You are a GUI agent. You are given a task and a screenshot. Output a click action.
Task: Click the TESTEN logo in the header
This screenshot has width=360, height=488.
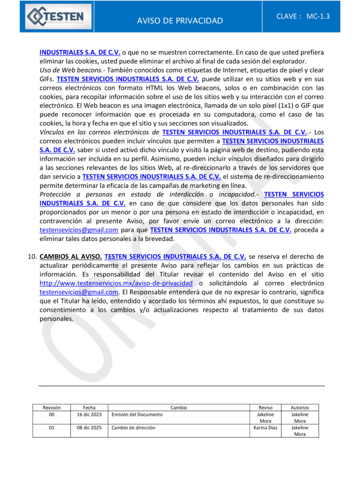pos(56,17)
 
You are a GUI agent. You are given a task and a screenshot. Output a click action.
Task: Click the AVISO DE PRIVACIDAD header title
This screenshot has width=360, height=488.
pos(180,20)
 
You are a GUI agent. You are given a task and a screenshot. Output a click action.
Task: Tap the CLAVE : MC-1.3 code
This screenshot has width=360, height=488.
pos(303,16)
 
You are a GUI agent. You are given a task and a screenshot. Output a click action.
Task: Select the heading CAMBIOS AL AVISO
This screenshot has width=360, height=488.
pos(70,257)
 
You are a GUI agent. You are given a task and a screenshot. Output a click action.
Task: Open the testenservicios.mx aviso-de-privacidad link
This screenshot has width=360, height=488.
pos(116,283)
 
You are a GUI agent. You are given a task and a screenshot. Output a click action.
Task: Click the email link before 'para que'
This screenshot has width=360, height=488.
pos(79,230)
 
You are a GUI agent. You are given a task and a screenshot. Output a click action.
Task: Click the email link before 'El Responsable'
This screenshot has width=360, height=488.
pos(79,292)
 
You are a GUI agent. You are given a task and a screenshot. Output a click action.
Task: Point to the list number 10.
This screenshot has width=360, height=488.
pos(32,257)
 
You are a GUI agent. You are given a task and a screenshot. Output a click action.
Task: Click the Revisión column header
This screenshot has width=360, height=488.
pos(51,407)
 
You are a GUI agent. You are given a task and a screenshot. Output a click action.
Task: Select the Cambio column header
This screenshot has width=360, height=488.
pos(179,407)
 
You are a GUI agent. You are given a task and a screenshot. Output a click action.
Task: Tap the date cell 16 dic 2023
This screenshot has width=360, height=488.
pos(89,415)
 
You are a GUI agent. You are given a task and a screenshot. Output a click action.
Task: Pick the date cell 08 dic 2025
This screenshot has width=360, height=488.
pos(89,428)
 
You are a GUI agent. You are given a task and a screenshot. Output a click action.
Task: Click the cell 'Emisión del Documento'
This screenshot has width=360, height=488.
pos(137,415)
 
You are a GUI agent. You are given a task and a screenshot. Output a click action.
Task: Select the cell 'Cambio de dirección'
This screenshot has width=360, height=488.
pos(133,428)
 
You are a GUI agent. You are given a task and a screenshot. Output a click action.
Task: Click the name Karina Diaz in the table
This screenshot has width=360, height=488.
pos(265,428)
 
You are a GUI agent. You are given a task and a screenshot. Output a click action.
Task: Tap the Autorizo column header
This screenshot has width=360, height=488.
pos(300,407)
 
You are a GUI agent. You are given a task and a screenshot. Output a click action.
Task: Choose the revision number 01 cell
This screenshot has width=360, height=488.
pos(51,428)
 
